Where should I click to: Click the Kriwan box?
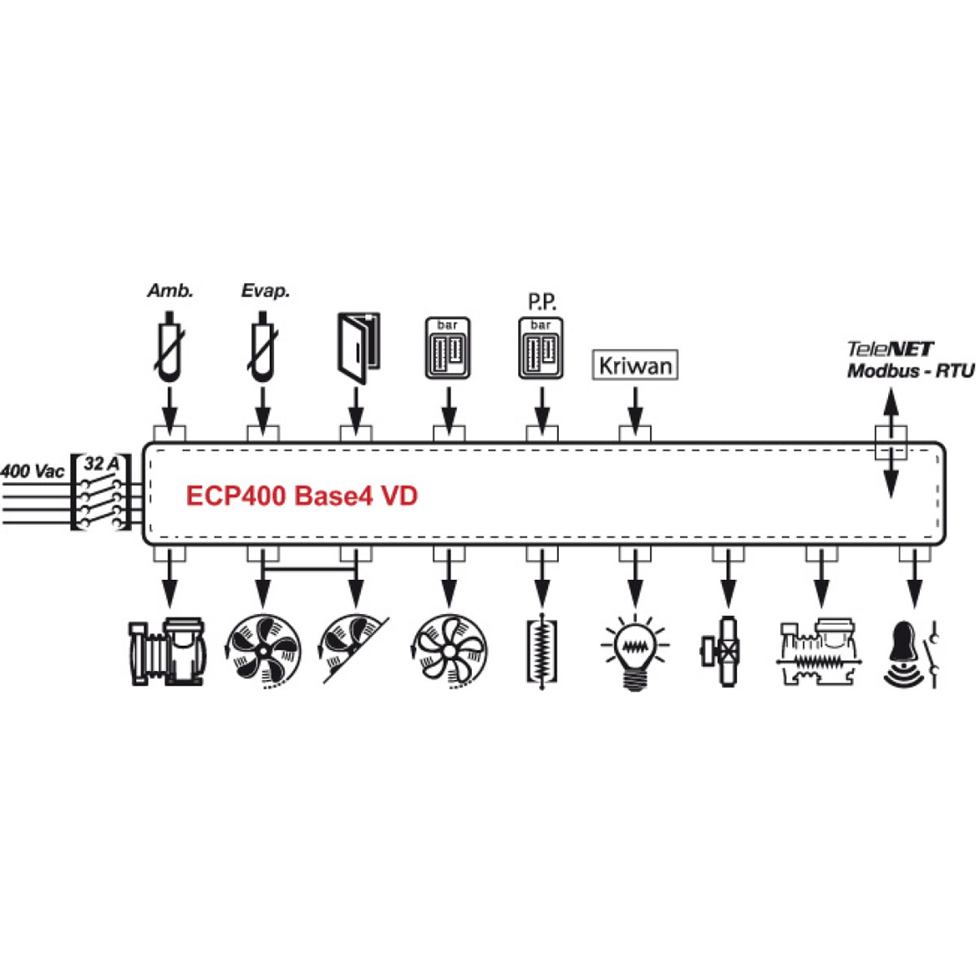coord(634,364)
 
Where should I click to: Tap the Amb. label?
coord(170,290)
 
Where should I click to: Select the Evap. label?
coord(265,291)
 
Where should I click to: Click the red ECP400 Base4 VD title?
coord(302,495)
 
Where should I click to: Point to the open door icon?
coord(358,348)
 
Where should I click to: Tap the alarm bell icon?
coord(913,653)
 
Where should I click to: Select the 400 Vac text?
coord(33,472)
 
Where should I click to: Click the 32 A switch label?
coord(102,464)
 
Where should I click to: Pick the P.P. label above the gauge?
coord(542,303)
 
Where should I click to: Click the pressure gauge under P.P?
coord(541,347)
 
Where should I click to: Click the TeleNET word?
coord(890,349)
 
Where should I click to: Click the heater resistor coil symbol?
coord(542,652)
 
